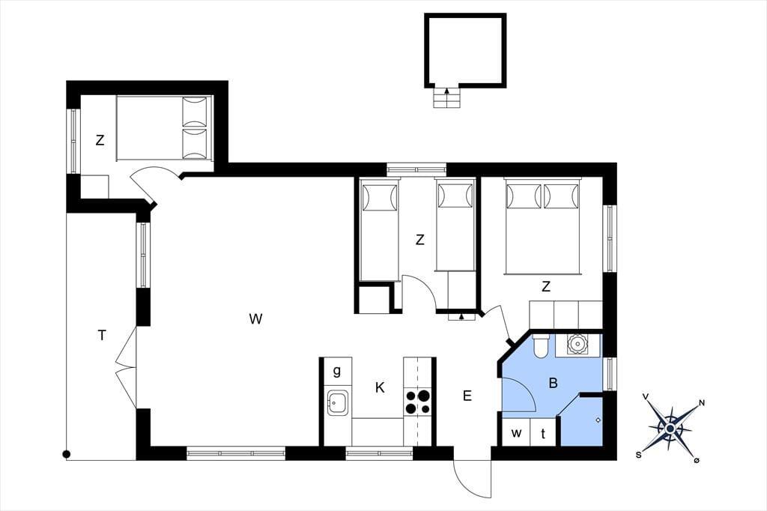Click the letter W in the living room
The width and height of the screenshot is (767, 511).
click(x=255, y=319)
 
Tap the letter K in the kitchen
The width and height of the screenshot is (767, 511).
click(x=380, y=388)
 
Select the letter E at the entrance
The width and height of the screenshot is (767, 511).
click(x=467, y=396)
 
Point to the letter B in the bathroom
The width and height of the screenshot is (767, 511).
click(x=554, y=383)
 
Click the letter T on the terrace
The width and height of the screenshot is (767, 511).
click(x=102, y=335)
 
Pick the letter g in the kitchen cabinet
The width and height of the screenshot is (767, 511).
click(x=336, y=371)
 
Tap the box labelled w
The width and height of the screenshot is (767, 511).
click(x=516, y=433)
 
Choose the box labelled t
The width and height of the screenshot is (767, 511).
click(x=543, y=433)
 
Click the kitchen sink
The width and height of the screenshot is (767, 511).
click(x=337, y=403)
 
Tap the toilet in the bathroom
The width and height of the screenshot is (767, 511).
click(x=541, y=347)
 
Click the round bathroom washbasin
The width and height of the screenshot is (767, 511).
click(x=576, y=344)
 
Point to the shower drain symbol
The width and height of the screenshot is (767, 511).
click(x=598, y=420)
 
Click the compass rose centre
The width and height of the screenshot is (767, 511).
click(x=670, y=429)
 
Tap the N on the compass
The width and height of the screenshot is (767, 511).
click(x=702, y=403)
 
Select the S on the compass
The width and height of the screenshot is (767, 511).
click(x=638, y=455)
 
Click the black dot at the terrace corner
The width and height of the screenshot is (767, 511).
click(x=67, y=454)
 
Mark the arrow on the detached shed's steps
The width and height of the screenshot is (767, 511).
click(x=446, y=91)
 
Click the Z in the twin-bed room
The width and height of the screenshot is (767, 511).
click(x=419, y=240)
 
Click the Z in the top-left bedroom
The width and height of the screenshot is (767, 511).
click(x=100, y=140)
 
